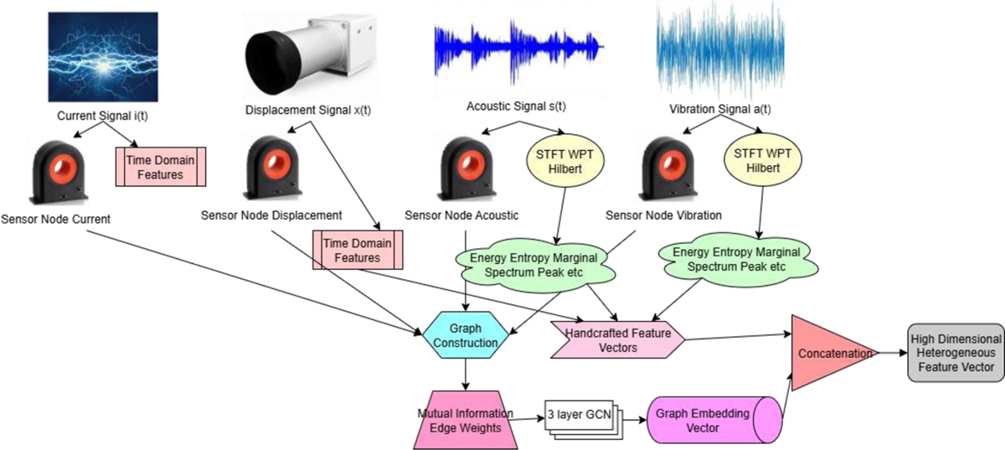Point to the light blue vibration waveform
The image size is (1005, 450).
click(720, 50)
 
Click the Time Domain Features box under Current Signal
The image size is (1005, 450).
click(160, 164)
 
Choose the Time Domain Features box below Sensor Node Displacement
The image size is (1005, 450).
click(358, 250)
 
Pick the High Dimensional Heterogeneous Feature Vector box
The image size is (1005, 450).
click(955, 354)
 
